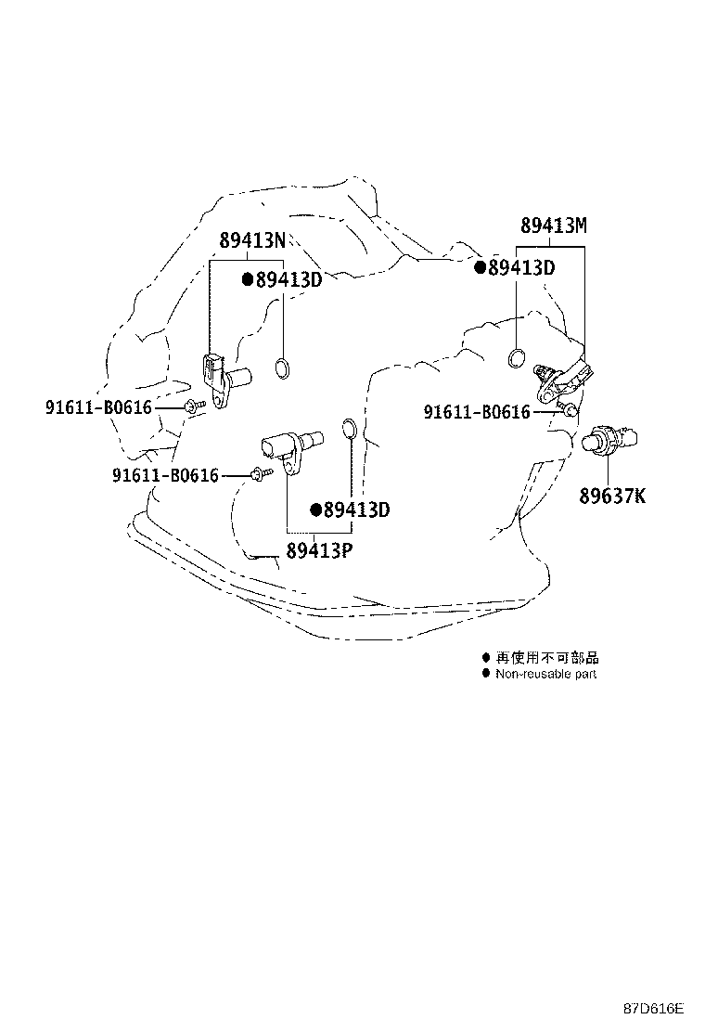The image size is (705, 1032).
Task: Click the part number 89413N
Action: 252,240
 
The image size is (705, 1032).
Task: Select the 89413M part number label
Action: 554,226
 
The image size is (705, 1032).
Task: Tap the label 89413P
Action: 319,549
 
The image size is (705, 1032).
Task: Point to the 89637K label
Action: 612,495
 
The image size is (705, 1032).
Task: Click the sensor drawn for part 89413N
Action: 224,380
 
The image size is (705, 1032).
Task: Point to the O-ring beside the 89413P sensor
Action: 351,429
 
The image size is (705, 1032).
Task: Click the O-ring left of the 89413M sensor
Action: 517,357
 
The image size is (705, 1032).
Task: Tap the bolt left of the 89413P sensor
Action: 263,472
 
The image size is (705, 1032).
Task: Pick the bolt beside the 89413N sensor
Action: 195,406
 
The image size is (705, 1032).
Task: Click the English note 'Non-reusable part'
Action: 545,674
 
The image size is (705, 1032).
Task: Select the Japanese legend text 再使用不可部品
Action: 547,657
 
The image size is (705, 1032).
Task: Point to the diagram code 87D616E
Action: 654,1008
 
